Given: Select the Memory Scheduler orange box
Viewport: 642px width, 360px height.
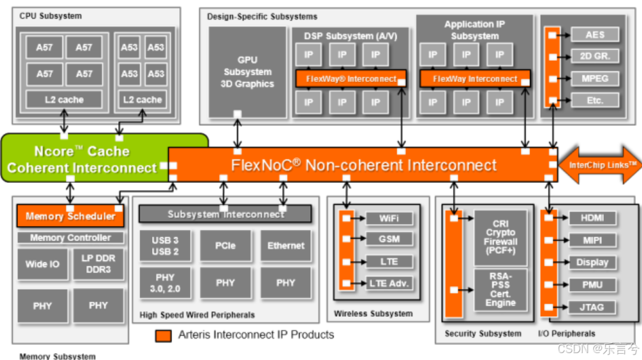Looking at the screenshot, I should click(x=70, y=216).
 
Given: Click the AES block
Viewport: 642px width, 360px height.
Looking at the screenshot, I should click(x=594, y=35).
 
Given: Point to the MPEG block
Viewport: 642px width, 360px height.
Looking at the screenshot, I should click(x=594, y=79).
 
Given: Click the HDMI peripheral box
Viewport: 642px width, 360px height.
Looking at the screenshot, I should click(x=592, y=219).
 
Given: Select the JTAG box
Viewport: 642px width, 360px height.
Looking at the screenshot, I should click(x=592, y=307).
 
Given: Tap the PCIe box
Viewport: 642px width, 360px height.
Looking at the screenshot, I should click(x=225, y=245).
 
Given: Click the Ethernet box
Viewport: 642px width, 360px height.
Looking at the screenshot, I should click(x=286, y=245).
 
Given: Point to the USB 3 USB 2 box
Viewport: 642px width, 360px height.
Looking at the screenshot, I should click(x=165, y=245).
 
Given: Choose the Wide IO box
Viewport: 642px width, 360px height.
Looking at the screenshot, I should click(x=43, y=264).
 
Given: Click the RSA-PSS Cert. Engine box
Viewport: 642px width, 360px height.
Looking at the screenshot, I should click(x=501, y=290).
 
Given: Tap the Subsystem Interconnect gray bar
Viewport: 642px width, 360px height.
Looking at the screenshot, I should click(x=225, y=214).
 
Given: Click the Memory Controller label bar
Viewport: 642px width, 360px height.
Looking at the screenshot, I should click(x=70, y=238).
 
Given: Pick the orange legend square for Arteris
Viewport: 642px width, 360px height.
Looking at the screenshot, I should click(x=163, y=336).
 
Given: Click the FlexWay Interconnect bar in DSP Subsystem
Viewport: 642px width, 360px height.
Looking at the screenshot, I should click(x=350, y=79).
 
